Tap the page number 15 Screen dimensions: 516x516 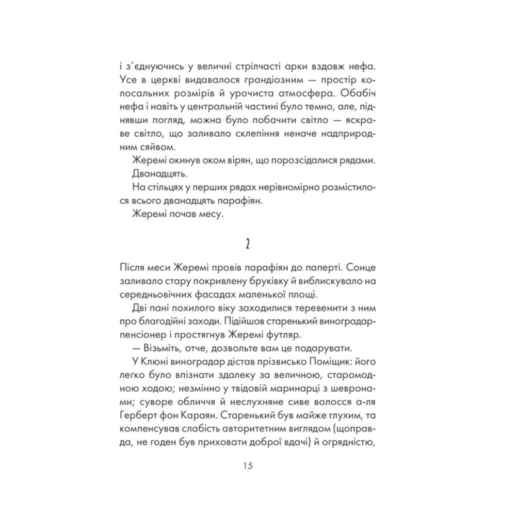pyautogui.click(x=247, y=466)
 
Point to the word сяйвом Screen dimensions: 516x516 pyautogui.click(x=152, y=146)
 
